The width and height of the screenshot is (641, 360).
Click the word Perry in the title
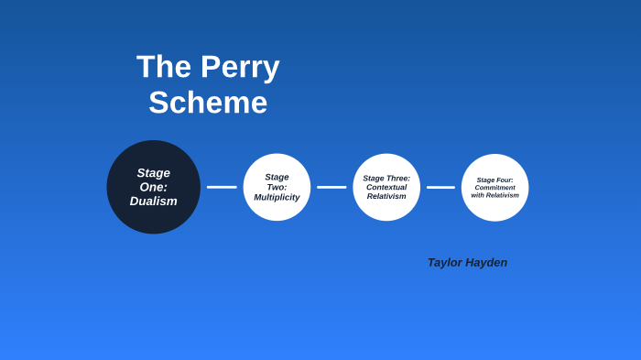tap(240, 67)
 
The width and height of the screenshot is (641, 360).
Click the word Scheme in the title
tap(208, 103)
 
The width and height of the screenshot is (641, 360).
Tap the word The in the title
tap(164, 67)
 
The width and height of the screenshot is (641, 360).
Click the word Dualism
tap(154, 202)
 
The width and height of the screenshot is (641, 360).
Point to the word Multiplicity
tap(277, 197)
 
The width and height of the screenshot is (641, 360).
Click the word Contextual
tap(386, 187)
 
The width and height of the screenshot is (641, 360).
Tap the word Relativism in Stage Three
tap(386, 196)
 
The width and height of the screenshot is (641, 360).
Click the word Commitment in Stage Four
tap(494, 188)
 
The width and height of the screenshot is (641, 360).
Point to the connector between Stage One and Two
tap(222, 187)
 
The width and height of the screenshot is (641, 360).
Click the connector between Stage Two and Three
tap(331, 187)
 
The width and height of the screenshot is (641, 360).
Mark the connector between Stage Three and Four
tap(440, 187)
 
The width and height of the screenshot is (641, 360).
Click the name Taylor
tap(445, 263)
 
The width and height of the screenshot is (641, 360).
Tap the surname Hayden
tap(486, 263)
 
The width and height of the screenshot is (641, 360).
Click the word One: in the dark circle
tap(154, 187)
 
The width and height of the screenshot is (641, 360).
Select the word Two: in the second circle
tap(277, 187)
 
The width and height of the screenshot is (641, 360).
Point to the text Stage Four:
tap(494, 180)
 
